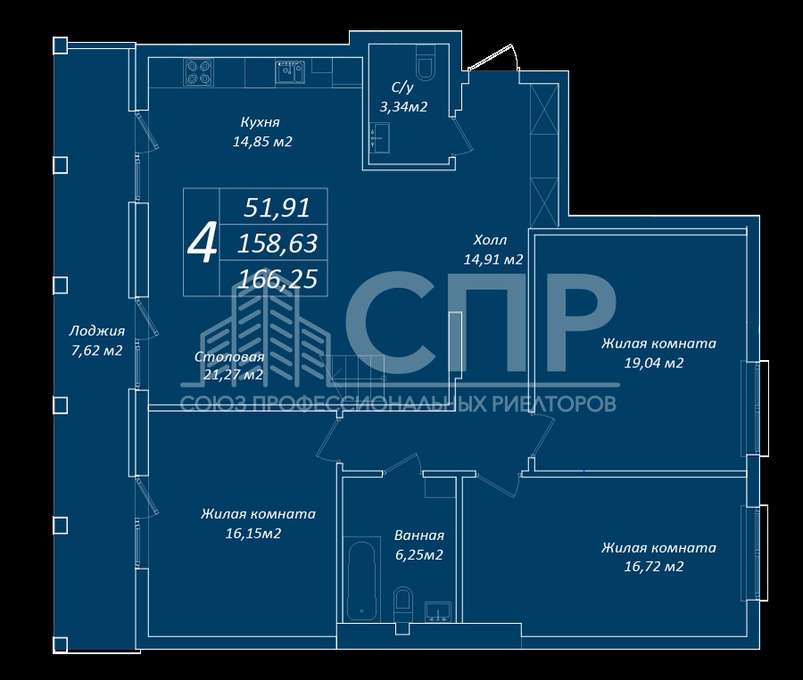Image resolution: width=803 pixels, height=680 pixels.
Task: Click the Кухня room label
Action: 261,122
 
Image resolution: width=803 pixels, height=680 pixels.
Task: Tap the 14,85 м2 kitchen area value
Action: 262,142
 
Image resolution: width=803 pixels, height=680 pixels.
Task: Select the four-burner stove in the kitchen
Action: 199,72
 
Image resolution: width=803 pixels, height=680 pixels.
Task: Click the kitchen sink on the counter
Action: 290,71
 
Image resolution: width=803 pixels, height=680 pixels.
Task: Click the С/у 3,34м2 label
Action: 403,97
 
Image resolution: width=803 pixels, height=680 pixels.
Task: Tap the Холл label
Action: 490,240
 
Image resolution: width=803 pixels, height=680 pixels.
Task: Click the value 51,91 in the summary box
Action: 277,208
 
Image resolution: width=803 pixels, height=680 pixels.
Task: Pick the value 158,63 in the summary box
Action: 277,243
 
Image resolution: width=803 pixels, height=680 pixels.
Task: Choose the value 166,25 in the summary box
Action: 278,279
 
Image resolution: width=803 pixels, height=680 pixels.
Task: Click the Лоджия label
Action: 96,332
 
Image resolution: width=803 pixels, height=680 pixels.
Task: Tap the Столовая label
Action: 229,356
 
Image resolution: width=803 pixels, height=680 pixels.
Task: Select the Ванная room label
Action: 419,536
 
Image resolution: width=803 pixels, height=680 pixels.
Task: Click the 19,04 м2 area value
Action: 654,364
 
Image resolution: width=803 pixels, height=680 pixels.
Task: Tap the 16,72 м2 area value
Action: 654,567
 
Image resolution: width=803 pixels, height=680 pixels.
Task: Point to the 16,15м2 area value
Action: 253,534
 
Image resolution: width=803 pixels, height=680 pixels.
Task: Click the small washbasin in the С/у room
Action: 379,137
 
